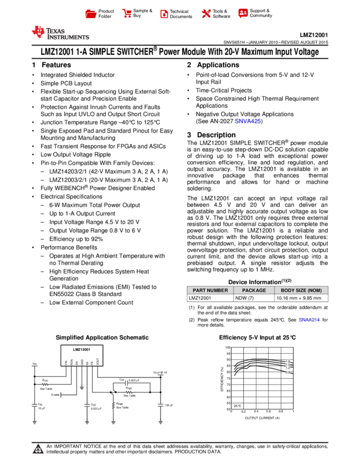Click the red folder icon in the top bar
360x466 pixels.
click(91, 14)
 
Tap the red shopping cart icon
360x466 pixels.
click(127, 13)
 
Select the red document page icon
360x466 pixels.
click(164, 14)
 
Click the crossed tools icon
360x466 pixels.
click(206, 13)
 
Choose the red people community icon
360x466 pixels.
click(243, 13)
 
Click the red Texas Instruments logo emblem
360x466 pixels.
click(38, 32)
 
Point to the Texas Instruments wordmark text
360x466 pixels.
click(67, 34)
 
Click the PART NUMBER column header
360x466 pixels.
click(210, 291)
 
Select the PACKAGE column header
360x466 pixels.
click(254, 291)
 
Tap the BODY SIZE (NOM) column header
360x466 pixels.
click(301, 291)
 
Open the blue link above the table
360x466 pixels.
click(248, 121)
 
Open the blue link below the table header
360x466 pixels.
click(309, 319)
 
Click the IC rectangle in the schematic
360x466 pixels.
click(82, 355)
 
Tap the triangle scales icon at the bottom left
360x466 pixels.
click(38, 450)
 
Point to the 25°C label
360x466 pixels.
click(237, 406)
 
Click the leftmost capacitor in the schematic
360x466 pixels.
click(35, 406)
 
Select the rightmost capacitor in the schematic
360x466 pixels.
click(161, 406)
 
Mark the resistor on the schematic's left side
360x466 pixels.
click(45, 384)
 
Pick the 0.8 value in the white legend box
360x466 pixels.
click(288, 372)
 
